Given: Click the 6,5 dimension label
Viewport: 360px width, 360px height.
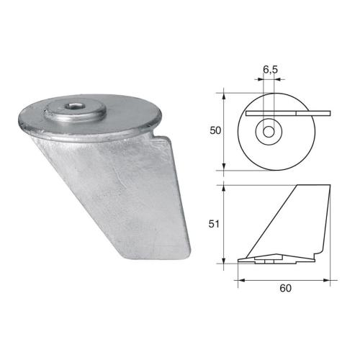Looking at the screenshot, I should coord(271,69).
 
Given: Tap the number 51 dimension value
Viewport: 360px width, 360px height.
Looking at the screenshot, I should coord(213,224).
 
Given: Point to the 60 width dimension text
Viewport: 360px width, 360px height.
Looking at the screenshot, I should coord(286,289).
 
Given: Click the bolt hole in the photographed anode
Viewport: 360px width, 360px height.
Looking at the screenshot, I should coord(74,110).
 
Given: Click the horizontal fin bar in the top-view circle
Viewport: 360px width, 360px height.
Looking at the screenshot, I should coord(288,112).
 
